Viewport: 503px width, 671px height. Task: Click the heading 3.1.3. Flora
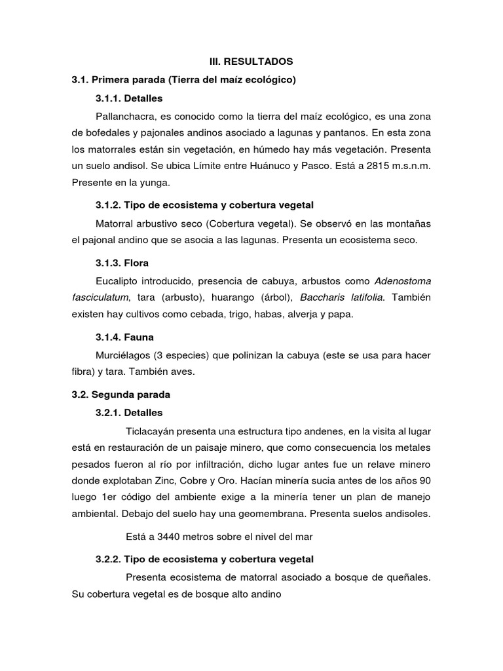click(122, 263)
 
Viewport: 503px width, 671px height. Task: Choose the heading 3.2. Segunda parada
click(121, 395)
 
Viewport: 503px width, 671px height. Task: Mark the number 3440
click(169, 537)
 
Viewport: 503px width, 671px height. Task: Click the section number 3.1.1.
click(110, 98)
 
